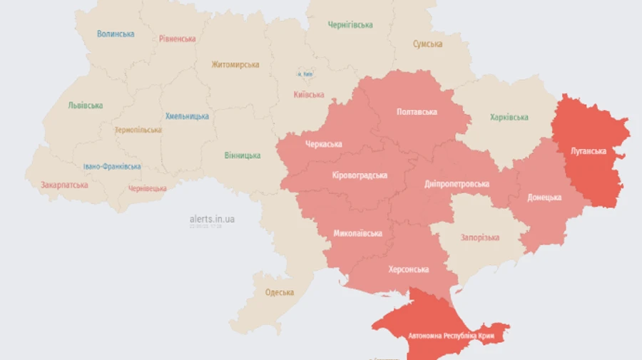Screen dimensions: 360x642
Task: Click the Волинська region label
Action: (x=115, y=34)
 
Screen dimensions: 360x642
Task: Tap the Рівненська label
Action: (x=178, y=38)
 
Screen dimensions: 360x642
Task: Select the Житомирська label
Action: (x=235, y=64)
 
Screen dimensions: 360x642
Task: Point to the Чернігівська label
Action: (x=350, y=25)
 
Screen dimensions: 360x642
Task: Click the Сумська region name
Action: (x=427, y=44)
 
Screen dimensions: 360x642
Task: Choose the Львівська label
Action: (x=85, y=105)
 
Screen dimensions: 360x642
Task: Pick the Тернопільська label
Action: (x=138, y=130)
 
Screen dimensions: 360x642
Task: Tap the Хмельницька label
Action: (x=187, y=116)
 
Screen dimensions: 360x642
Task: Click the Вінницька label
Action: (x=243, y=155)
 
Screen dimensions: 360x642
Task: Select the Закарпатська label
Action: (x=64, y=185)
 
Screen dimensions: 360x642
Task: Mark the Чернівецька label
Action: (x=148, y=189)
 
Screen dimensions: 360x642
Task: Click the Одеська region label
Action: (x=280, y=292)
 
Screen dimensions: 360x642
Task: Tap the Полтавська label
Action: (x=417, y=112)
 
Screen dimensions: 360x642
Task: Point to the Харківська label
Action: (x=509, y=118)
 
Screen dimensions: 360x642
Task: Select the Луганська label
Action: (x=588, y=151)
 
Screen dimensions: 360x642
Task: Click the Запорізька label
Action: (x=479, y=237)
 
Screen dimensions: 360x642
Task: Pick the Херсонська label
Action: (x=409, y=269)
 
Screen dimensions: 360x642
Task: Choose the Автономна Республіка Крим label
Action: (x=452, y=335)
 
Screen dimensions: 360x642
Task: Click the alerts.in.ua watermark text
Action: (x=212, y=219)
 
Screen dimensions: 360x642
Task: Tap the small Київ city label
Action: (x=305, y=74)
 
